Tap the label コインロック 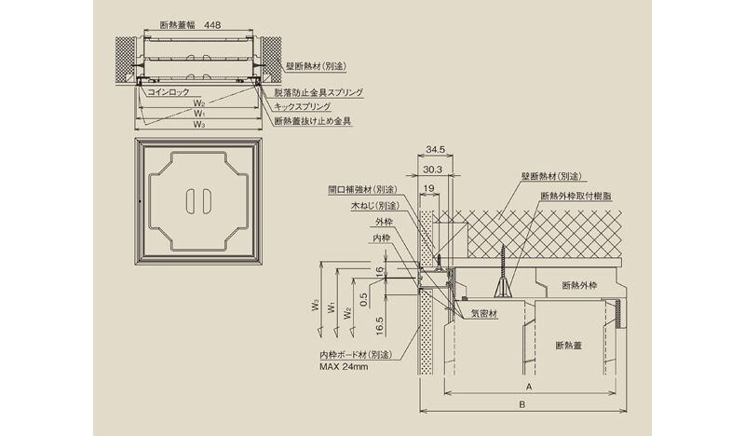pos(166,92)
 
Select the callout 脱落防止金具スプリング pos(318,93)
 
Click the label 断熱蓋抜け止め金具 pos(312,121)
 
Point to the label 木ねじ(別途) pos(375,205)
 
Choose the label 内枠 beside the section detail pos(384,239)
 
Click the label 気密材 pos(484,314)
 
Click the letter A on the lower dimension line pos(527,385)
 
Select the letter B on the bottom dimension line pos(521,404)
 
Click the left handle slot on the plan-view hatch pos(191,203)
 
